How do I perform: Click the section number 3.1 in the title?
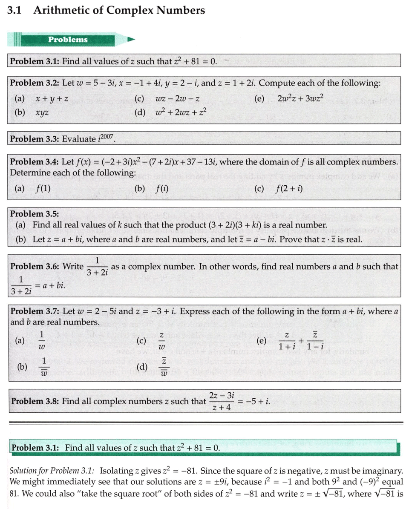[14, 10]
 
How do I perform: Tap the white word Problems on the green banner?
[68, 40]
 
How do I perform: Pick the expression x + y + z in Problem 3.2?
[52, 99]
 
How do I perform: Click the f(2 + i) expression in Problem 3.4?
[289, 188]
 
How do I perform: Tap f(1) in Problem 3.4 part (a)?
[43, 188]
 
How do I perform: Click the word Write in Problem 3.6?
[73, 267]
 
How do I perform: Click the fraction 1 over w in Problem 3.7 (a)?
[42, 341]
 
